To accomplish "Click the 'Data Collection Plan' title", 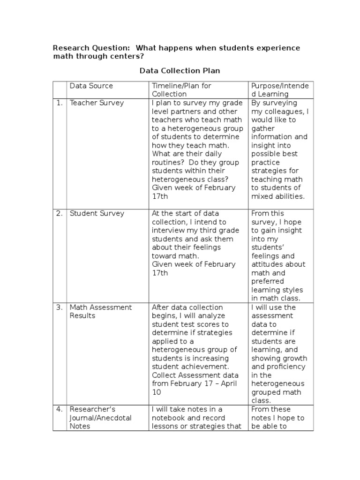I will click(180, 71).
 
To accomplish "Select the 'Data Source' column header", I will click(91, 86).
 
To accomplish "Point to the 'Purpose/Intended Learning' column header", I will click(280, 90).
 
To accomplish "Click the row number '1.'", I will click(60, 103).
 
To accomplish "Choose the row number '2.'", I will click(60, 213).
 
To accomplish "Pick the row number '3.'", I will click(60, 307).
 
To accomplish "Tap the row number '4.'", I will click(60, 409).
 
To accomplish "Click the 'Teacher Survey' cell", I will click(97, 103).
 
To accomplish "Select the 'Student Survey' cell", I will click(97, 213).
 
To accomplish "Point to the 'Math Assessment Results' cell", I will click(101, 311).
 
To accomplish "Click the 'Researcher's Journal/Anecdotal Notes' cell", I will click(100, 418).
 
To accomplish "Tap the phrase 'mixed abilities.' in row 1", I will click(278, 196).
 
